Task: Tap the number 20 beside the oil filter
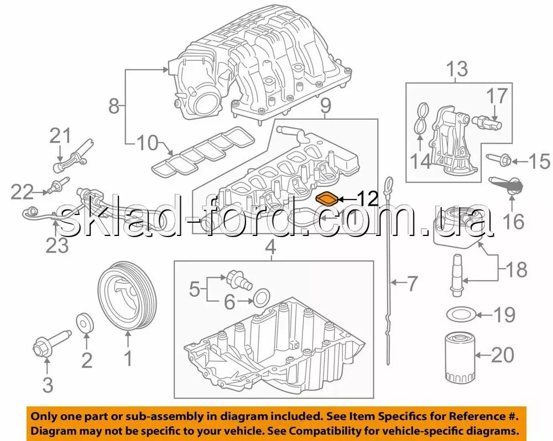pyautogui.click(x=503, y=355)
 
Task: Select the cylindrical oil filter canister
pyautogui.click(x=458, y=359)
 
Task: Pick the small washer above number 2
pyautogui.click(x=86, y=322)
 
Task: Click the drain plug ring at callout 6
pyautogui.click(x=262, y=297)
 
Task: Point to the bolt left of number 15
pyautogui.click(x=499, y=160)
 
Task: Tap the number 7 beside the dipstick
pyautogui.click(x=412, y=283)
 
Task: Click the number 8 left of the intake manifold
pyautogui.click(x=114, y=106)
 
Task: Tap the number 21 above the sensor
pyautogui.click(x=60, y=136)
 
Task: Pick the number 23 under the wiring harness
pyautogui.click(x=57, y=246)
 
